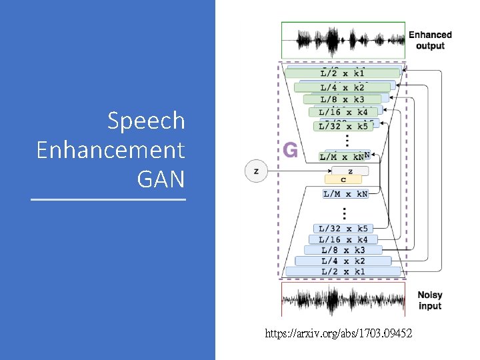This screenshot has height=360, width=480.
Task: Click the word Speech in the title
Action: coord(146,121)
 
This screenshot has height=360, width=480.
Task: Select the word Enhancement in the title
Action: coord(111,150)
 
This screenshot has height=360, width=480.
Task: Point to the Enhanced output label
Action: coord(430,40)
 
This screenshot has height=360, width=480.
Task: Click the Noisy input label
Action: coord(430,301)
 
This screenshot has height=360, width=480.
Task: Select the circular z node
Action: coord(257,171)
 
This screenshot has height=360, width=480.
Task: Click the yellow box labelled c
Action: coord(343,179)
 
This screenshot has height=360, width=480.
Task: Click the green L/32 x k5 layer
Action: coord(343,126)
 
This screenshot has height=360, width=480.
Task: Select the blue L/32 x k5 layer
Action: coord(343,229)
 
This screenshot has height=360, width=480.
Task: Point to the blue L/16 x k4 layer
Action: coord(343,239)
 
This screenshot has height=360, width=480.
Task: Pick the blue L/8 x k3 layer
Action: coord(343,250)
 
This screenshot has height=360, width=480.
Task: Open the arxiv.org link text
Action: coord(338,332)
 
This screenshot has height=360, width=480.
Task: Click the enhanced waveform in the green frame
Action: coord(343,40)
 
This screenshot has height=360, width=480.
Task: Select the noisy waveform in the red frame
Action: coord(343,301)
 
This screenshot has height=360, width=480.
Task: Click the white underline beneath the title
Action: coord(109,199)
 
